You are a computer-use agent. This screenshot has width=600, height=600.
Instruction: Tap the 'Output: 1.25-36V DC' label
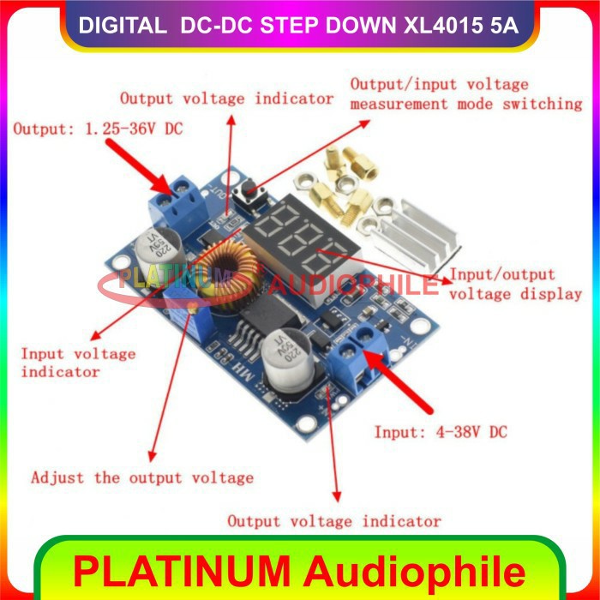tap(98, 129)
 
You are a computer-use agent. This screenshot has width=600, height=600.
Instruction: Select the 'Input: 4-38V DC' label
tap(440, 432)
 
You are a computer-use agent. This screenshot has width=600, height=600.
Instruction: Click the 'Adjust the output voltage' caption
tap(142, 477)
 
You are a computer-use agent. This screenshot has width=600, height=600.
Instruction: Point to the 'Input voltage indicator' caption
tap(78, 363)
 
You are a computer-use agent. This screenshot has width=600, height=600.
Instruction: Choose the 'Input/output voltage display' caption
tap(515, 285)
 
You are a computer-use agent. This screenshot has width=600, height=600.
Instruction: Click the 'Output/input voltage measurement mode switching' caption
tap(466, 94)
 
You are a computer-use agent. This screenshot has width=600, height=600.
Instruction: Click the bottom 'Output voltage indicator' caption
tap(333, 520)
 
